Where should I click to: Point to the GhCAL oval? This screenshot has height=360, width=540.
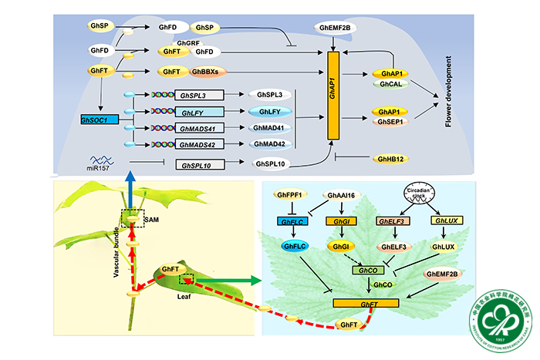tap(390, 85)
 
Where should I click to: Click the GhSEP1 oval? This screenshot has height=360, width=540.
tap(390, 122)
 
